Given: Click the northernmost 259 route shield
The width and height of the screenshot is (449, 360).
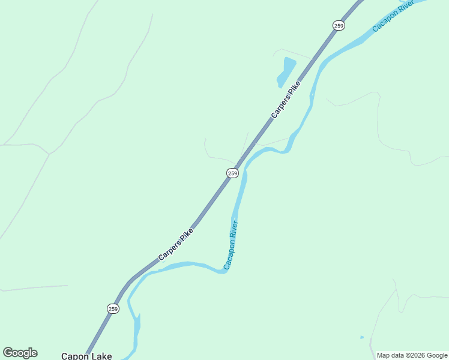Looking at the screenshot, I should [339, 25].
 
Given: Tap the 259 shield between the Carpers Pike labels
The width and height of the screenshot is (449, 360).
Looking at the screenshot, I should [233, 173].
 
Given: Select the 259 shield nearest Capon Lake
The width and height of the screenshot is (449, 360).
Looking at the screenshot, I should [113, 308].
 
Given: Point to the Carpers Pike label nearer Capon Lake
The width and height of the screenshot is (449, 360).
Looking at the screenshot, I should [176, 244].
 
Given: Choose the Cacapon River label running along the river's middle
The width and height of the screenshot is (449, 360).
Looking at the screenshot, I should [231, 245].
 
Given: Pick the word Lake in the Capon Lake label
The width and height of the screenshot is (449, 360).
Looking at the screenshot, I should [101, 356].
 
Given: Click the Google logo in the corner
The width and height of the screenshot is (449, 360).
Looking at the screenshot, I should [20, 353].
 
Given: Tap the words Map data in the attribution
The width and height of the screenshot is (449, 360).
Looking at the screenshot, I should [390, 355].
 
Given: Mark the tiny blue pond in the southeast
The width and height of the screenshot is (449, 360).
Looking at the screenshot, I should [362, 337].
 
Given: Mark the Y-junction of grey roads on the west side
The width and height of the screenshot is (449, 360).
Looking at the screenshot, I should [49, 154].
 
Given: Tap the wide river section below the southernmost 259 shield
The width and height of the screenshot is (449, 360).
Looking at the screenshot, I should [137, 327].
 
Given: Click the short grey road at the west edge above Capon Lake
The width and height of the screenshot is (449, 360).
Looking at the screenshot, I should [33, 288].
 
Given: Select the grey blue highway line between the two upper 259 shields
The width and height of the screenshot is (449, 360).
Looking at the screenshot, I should [288, 99].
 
